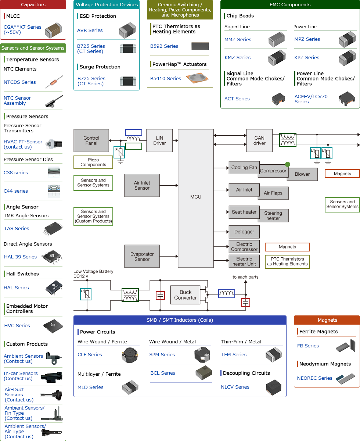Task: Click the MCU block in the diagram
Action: coord(196,197)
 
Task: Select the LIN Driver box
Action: coord(159,140)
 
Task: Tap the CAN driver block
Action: coord(259,140)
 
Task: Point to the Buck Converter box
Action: coord(186,295)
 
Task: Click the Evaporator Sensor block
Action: coord(142,257)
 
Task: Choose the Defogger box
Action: coord(244,232)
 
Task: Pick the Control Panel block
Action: coord(91,140)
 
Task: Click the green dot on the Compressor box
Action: coord(288,164)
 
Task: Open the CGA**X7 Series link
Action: coord(22,29)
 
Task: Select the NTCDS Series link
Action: coord(20,82)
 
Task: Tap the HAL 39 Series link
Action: coord(20,257)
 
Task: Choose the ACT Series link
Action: coord(237,99)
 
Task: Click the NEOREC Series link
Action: coord(315,378)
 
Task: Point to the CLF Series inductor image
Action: coord(129,355)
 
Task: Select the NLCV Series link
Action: coord(235,387)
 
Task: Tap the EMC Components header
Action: coord(290,5)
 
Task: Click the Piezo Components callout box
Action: coord(93,162)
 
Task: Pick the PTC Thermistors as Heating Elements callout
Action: coord(287,261)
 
